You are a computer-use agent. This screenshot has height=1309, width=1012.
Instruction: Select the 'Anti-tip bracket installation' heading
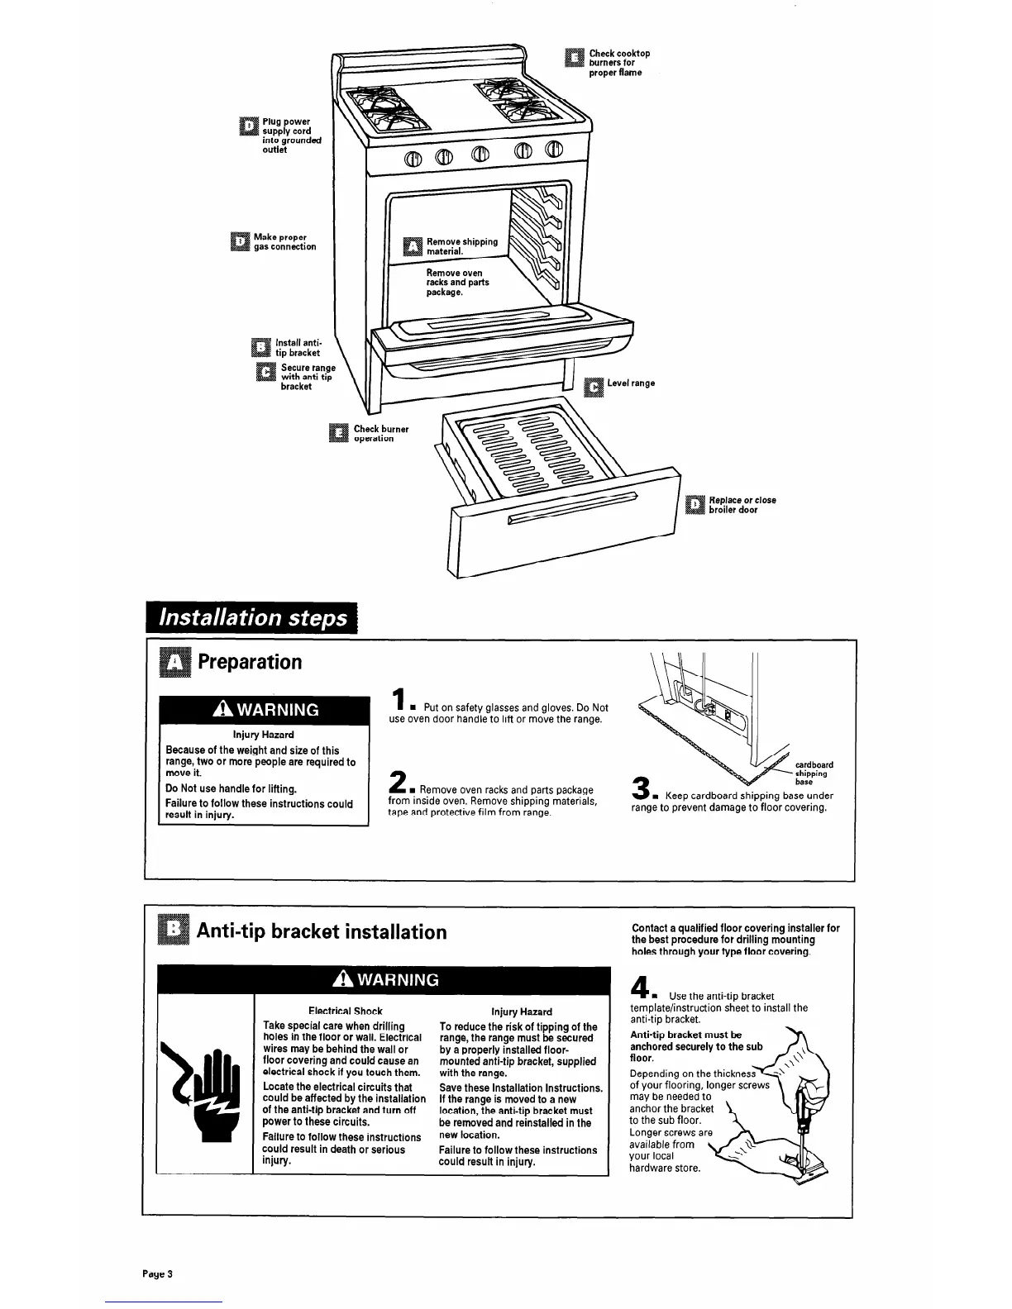pyautogui.click(x=322, y=931)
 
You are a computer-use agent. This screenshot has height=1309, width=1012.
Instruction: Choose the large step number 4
pyautogui.click(x=639, y=988)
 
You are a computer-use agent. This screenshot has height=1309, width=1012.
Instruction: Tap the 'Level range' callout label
pyautogui.click(x=631, y=383)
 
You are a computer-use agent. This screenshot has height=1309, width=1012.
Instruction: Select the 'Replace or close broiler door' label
pyautogui.click(x=742, y=505)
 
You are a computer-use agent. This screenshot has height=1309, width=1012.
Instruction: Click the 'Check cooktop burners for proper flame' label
pyautogui.click(x=618, y=63)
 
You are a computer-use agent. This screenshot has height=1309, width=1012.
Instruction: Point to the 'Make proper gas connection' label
pyautogui.click(x=284, y=241)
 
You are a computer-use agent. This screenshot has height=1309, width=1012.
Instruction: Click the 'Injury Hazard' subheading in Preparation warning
pyautogui.click(x=263, y=734)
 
